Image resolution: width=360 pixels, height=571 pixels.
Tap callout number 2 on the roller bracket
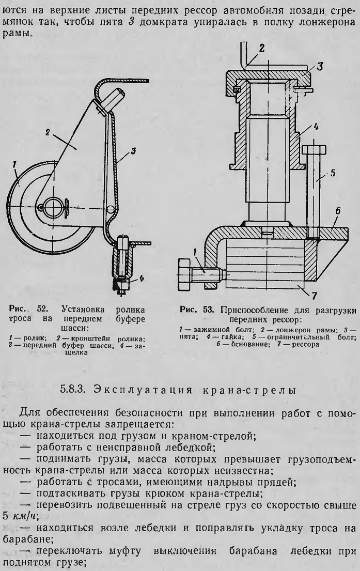(48, 133)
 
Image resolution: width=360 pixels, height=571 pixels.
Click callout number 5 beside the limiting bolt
(332, 173)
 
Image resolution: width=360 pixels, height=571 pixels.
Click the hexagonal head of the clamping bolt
(184, 271)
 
